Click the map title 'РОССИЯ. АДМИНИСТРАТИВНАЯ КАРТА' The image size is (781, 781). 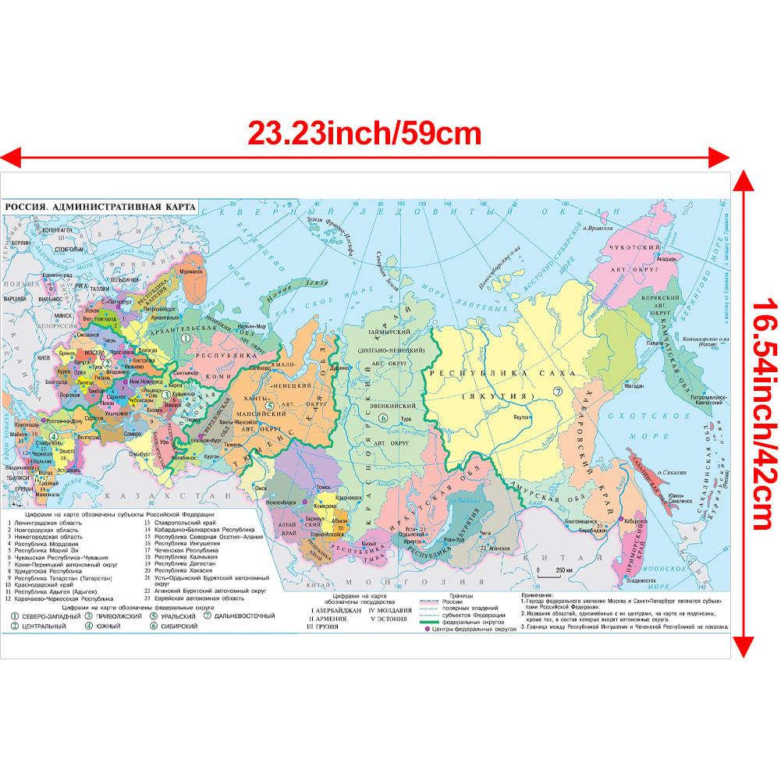98,208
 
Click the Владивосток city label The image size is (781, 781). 636,580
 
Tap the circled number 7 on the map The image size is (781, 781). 557,392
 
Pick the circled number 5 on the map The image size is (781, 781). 268,406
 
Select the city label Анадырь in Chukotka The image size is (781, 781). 666,260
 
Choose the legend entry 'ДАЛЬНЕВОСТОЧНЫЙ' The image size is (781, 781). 246,616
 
